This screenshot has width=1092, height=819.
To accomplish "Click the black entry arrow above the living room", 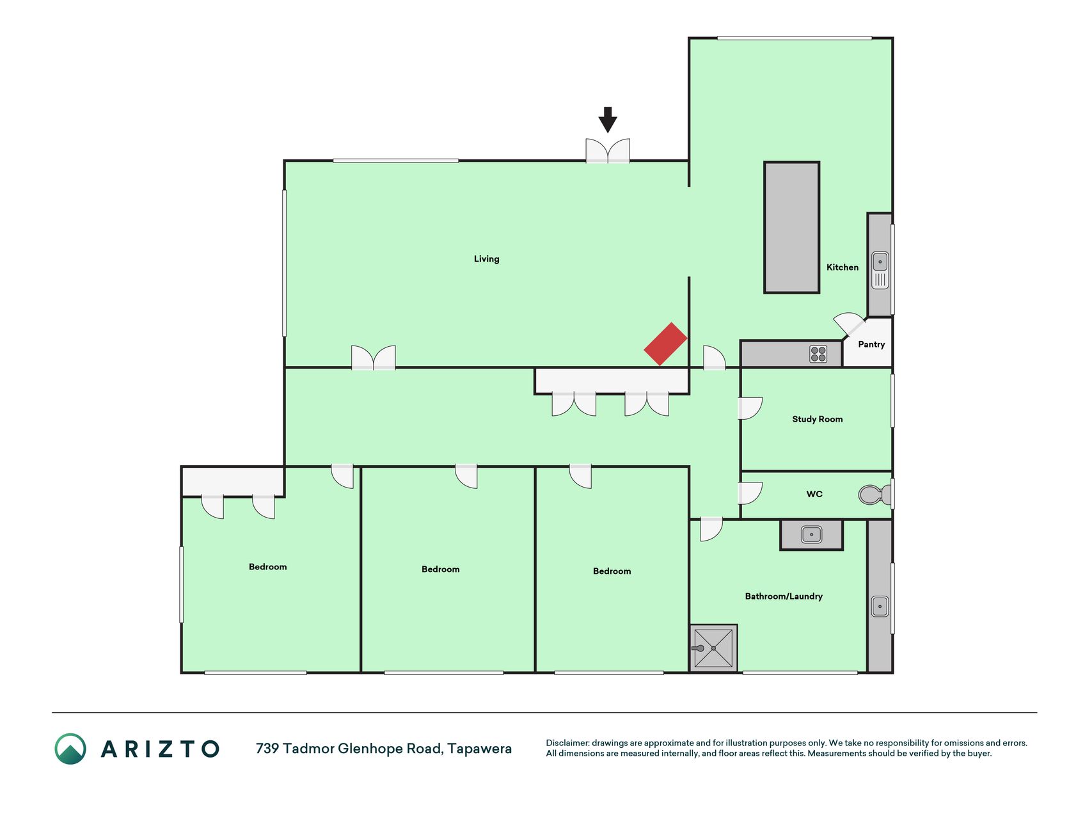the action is tap(608, 120).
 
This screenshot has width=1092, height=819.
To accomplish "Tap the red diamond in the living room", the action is tap(665, 344).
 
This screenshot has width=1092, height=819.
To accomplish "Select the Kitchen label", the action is tap(843, 267).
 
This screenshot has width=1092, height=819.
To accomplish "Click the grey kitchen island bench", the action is tap(792, 228).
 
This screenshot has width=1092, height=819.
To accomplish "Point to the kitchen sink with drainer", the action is tap(880, 270).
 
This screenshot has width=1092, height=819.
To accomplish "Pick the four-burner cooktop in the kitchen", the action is tap(818, 354).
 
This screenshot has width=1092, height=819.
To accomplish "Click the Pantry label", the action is tap(871, 344).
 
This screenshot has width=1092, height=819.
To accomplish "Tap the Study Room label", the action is tap(818, 419).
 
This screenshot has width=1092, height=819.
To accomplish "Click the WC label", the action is tap(814, 494).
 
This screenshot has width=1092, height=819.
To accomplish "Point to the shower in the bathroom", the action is tap(713, 648).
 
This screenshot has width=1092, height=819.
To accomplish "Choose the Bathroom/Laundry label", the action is tap(784, 596).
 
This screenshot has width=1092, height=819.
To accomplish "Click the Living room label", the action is tap(487, 259).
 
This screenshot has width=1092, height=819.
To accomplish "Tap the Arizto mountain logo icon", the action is tap(70, 749).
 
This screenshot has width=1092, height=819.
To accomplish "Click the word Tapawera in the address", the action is tap(480, 749).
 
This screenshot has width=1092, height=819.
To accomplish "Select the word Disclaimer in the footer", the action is tap(567, 743).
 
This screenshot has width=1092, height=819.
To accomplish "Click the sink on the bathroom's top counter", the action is tap(812, 534).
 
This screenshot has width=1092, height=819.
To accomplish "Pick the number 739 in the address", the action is tap(267, 749).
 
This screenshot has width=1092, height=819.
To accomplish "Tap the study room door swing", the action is tap(750, 408).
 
